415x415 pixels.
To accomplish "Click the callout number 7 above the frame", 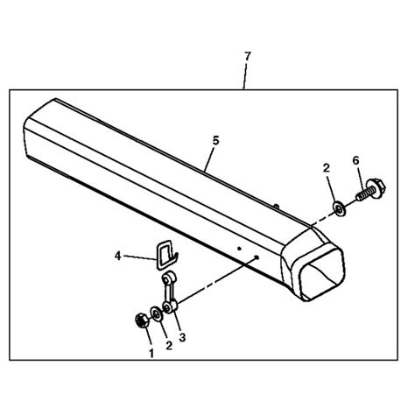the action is pyautogui.click(x=248, y=57).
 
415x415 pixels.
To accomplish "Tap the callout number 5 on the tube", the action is pyautogui.click(x=215, y=141).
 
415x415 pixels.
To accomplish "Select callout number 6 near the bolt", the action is pyautogui.click(x=355, y=160).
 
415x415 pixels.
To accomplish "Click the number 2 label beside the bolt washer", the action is pyautogui.click(x=327, y=168).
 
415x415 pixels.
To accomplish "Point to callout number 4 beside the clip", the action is pyautogui.click(x=117, y=256).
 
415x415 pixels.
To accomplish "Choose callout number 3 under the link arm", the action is pyautogui.click(x=182, y=337).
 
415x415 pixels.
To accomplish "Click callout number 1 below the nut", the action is pyautogui.click(x=151, y=354).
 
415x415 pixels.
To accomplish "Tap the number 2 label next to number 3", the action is pyautogui.click(x=169, y=346).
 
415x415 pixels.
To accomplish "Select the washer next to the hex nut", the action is pyautogui.click(x=157, y=314).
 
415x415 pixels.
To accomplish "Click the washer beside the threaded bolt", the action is pyautogui.click(x=339, y=209).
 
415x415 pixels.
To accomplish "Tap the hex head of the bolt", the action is pyautogui.click(x=376, y=188).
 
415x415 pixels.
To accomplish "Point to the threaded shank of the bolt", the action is pyautogui.click(x=362, y=195).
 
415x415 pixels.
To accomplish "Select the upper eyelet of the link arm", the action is pyautogui.click(x=168, y=278).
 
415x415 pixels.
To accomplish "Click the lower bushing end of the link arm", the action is pyautogui.click(x=170, y=307).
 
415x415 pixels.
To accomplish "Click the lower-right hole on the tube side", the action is pyautogui.click(x=257, y=257).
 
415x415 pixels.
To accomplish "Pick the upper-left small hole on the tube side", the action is pyautogui.click(x=239, y=249).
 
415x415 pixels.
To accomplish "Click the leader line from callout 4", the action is pyautogui.click(x=140, y=257).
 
